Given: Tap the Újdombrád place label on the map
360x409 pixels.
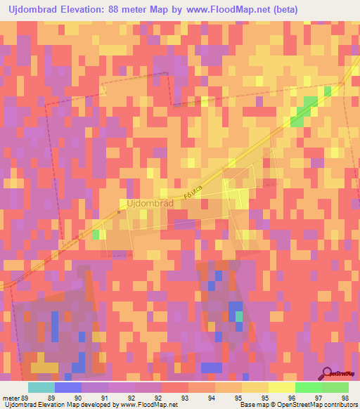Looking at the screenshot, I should pos(150,203).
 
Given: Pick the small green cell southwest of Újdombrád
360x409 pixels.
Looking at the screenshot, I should pos(95,235).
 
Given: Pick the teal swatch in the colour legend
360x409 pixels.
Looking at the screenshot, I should pos(41,387).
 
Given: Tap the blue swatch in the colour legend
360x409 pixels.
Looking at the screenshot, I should pos(68,387).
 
